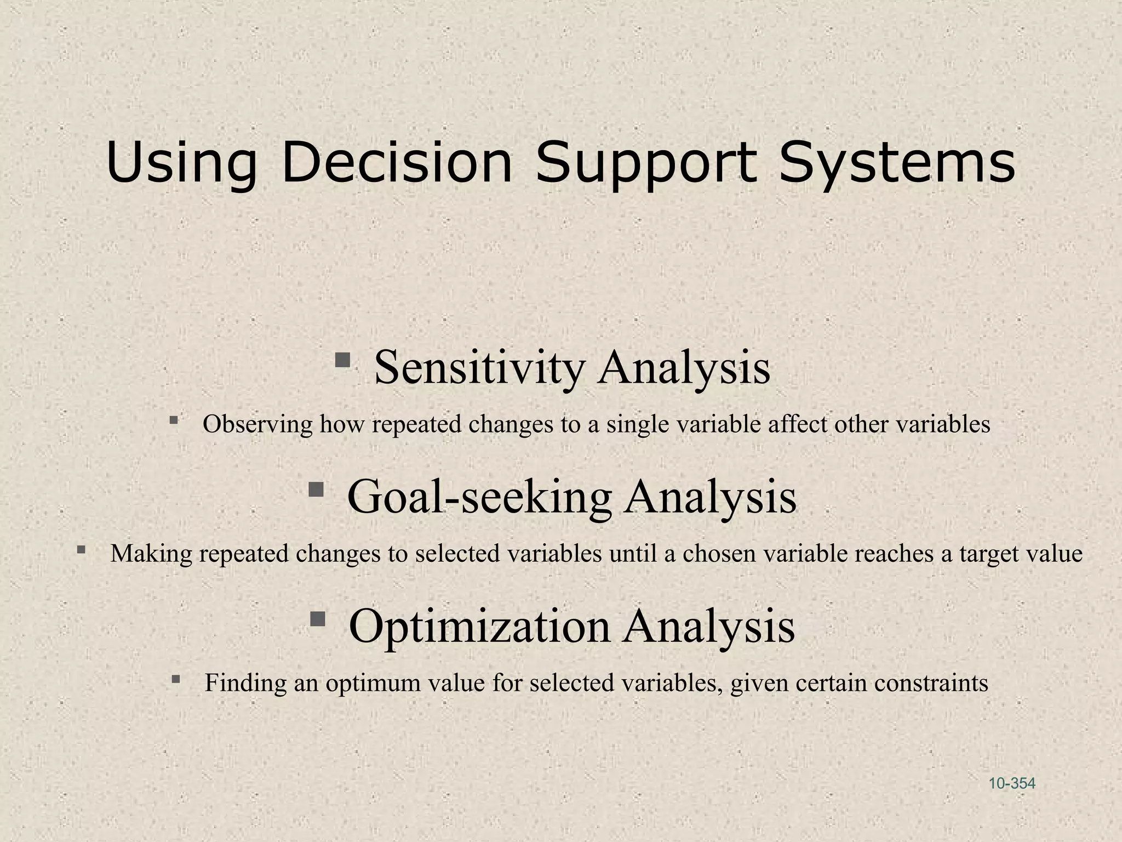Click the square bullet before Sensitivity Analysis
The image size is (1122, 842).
343,360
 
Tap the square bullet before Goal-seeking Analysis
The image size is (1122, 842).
316,489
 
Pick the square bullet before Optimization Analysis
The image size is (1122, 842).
318,619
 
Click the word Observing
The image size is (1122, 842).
257,424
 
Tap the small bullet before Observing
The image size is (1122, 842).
174,420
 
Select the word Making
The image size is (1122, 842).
151,554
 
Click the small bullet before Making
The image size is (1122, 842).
81,549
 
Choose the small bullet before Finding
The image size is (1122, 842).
175,679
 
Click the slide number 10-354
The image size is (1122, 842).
1012,783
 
